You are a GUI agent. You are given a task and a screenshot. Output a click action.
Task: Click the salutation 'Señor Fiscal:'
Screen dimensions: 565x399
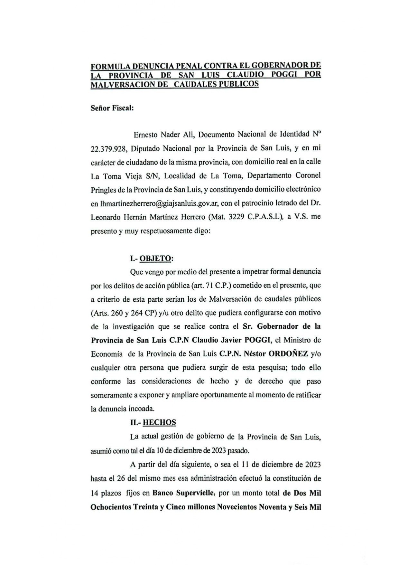[112, 108]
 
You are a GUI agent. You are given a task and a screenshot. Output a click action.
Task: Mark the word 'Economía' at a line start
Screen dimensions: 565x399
[107, 354]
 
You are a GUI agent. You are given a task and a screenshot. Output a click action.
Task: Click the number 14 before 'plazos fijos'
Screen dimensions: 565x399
[95, 493]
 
